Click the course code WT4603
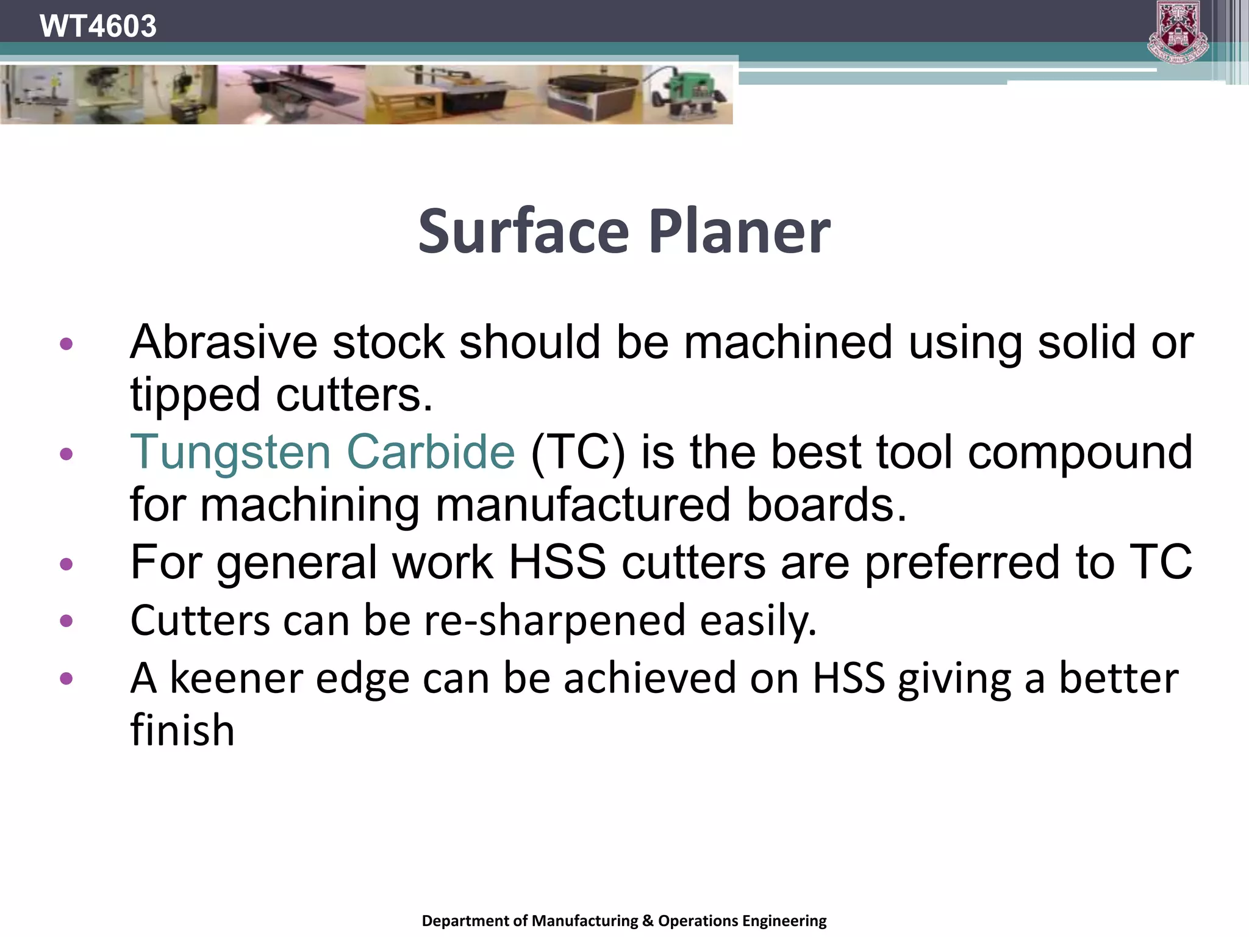[x=98, y=26]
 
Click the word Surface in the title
[x=523, y=232]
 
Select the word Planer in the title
[x=739, y=232]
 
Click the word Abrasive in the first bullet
[x=223, y=342]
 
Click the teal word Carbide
[x=431, y=452]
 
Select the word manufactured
[x=582, y=505]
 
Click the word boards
[x=826, y=505]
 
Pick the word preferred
[x=962, y=562]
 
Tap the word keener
[x=236, y=678]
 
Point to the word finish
[x=182, y=730]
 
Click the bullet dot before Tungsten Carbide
[x=66, y=454]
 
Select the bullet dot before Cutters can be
[x=66, y=622]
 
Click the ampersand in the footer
[x=647, y=921]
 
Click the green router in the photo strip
[x=689, y=95]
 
